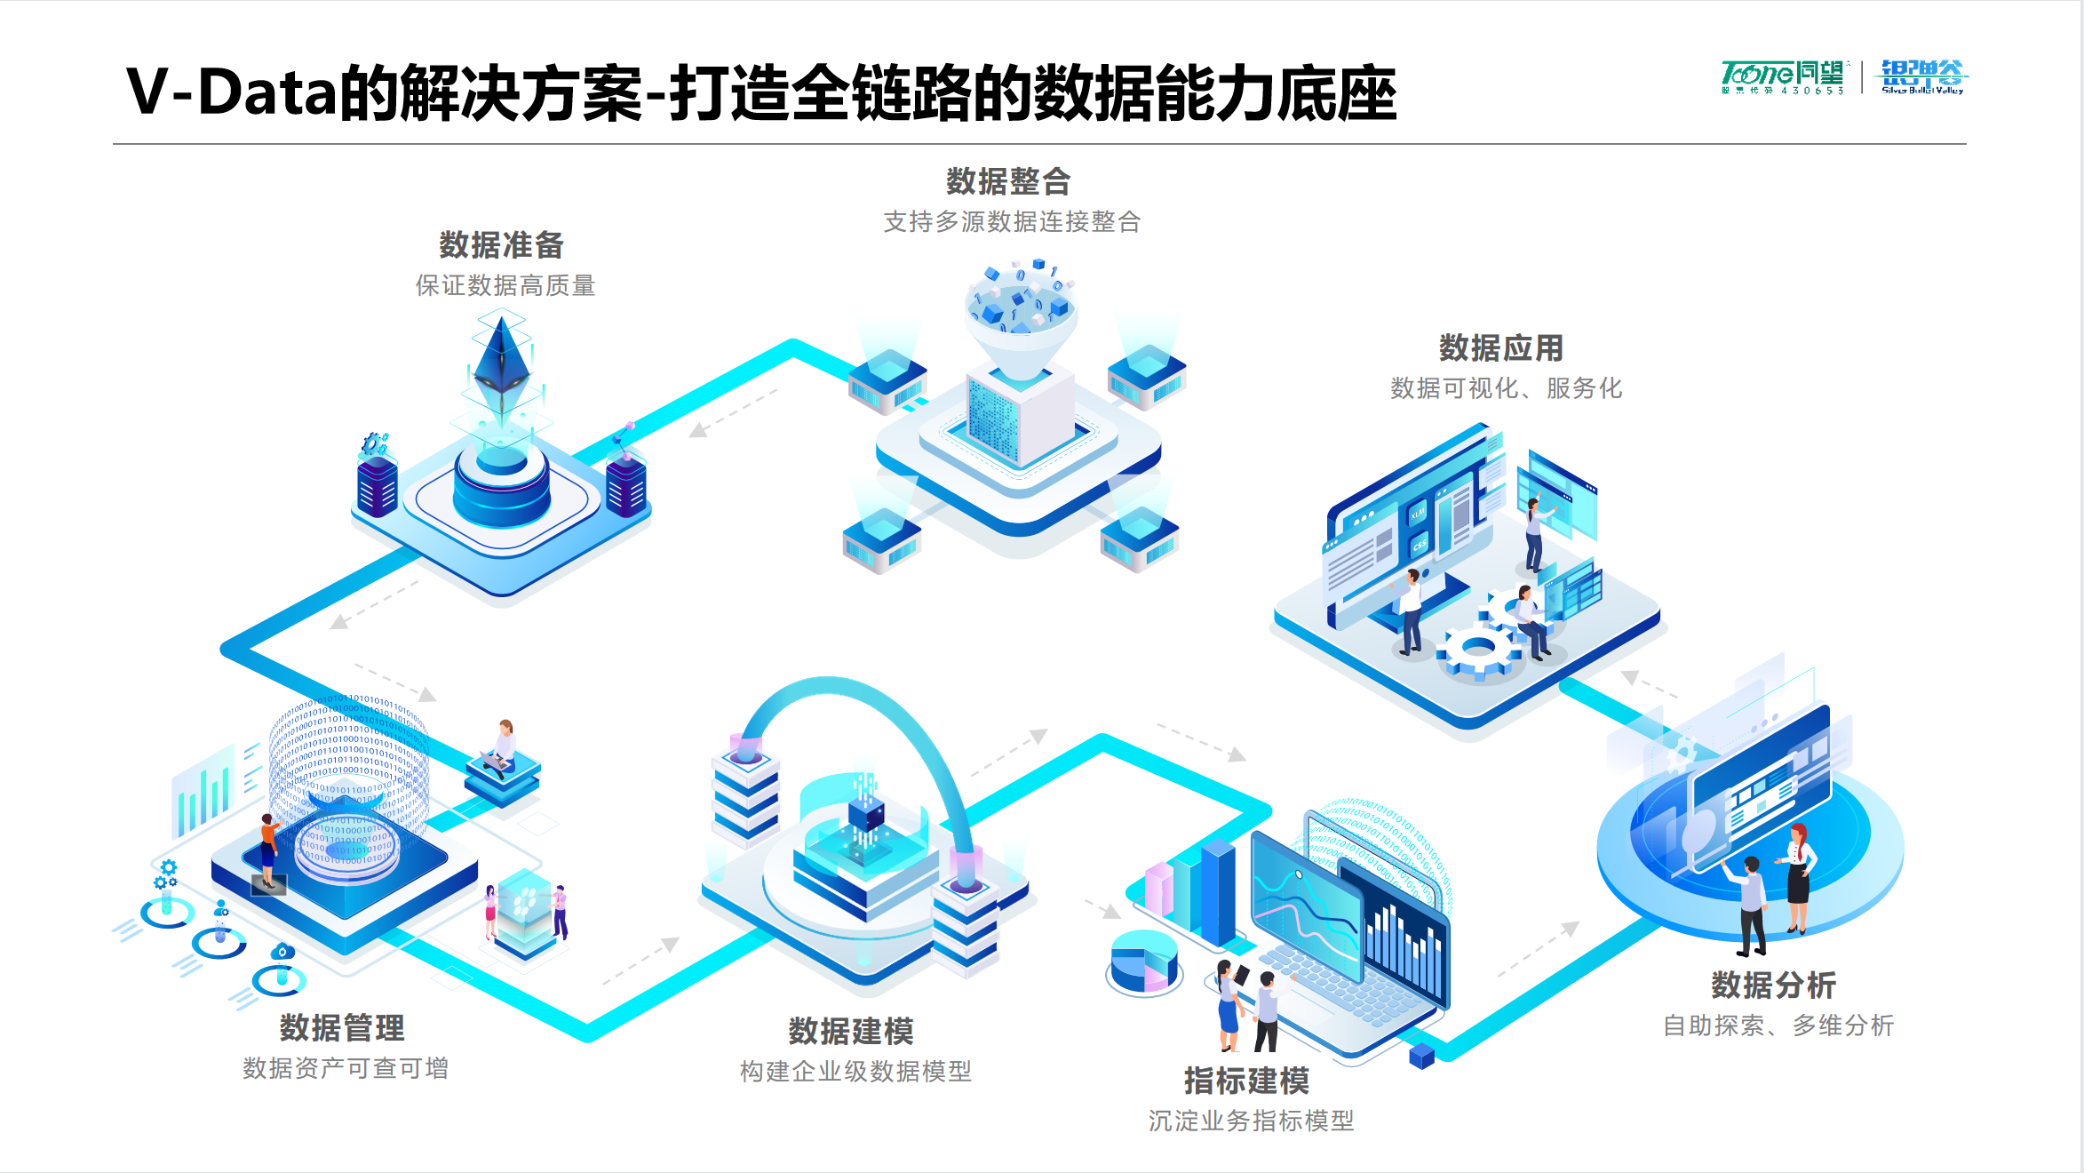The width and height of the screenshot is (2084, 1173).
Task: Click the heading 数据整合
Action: click(x=1008, y=182)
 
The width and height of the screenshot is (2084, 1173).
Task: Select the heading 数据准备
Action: click(x=502, y=245)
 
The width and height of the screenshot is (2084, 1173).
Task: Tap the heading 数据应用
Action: click(x=1501, y=348)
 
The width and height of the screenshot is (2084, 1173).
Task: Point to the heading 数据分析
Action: click(x=1773, y=985)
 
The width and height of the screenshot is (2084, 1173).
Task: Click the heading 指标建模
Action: click(x=1246, y=1081)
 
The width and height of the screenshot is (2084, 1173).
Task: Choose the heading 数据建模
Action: click(x=851, y=1032)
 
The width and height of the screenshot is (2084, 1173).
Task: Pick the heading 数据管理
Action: click(x=342, y=1028)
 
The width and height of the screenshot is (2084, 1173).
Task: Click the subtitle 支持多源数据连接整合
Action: click(x=1012, y=222)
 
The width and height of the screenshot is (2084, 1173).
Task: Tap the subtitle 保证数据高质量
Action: click(x=505, y=286)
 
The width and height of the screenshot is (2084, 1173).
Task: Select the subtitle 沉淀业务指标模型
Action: click(x=1251, y=1121)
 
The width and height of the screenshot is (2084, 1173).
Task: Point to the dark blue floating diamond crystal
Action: click(x=502, y=360)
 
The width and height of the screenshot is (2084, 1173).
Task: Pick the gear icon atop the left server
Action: click(x=374, y=443)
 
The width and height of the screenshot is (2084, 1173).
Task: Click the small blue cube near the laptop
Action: click(x=1421, y=1056)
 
